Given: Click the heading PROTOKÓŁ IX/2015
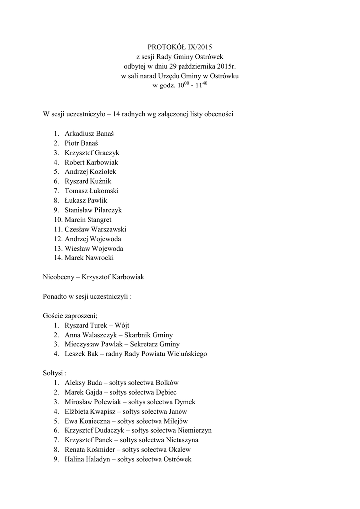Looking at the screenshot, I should (180, 47).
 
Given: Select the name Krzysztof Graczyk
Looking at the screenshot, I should (92, 153).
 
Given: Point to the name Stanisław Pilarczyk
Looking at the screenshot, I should (93, 210).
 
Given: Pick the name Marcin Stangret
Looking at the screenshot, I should (88, 220).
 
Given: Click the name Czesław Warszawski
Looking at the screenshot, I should (95, 229).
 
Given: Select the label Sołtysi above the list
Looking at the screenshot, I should (54, 373).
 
